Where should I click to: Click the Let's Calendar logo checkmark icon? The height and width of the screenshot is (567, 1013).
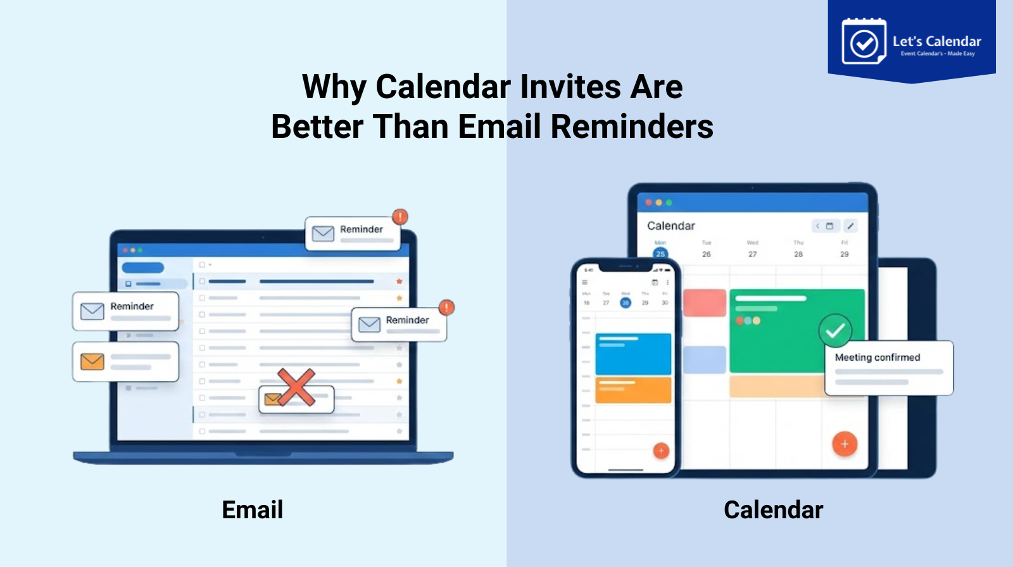pyautogui.click(x=864, y=43)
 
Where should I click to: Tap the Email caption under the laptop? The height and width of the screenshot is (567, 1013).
pyautogui.click(x=252, y=510)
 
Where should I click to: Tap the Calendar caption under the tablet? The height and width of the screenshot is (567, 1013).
pyautogui.click(x=773, y=510)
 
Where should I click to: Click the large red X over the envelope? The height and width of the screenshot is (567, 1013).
pyautogui.click(x=296, y=387)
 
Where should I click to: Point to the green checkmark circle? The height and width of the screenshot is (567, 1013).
pyautogui.click(x=835, y=330)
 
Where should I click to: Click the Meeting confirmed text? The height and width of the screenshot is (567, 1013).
pyautogui.click(x=877, y=358)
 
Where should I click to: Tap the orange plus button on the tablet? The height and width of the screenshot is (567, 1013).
pyautogui.click(x=845, y=444)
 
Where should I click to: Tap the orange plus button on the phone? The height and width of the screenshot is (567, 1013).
pyautogui.click(x=661, y=451)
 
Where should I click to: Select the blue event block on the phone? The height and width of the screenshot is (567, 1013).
pyautogui.click(x=633, y=354)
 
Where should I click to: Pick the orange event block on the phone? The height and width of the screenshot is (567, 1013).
pyautogui.click(x=633, y=390)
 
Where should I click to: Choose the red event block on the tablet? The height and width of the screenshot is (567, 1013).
pyautogui.click(x=705, y=303)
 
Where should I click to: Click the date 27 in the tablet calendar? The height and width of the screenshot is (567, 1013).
pyautogui.click(x=752, y=254)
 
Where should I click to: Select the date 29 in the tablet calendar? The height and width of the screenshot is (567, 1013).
pyautogui.click(x=844, y=254)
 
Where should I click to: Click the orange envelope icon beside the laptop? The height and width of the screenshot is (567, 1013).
pyautogui.click(x=92, y=362)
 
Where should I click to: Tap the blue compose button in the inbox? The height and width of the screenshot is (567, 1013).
pyautogui.click(x=143, y=268)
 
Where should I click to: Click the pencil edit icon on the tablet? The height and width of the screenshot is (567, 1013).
pyautogui.click(x=851, y=226)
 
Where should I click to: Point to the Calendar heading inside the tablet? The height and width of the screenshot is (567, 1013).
pyautogui.click(x=670, y=226)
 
